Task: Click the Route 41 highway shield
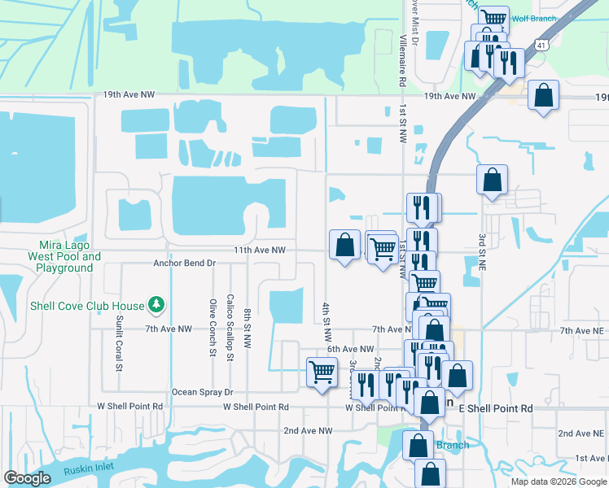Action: click(x=541, y=47)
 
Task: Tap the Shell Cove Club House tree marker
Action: click(x=156, y=306)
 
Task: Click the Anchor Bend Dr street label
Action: click(x=184, y=264)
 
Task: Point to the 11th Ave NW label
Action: click(x=260, y=251)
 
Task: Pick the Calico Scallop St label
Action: click(x=230, y=327)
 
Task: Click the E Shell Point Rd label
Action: click(x=496, y=407)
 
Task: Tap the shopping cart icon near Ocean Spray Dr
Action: click(x=322, y=372)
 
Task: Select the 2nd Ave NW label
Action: click(x=308, y=430)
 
